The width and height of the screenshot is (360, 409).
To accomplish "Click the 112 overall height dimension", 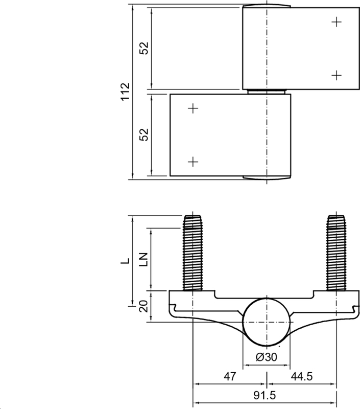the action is point(125,92).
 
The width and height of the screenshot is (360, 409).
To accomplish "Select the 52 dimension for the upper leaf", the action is point(144,48).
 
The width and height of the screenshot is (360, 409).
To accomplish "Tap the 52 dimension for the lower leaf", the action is point(144,134).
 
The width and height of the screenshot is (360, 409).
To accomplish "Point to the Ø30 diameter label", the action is point(266,357).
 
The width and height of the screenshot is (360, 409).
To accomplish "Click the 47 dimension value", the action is point(230,376).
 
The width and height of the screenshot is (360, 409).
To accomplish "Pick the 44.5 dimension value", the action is point(302,376).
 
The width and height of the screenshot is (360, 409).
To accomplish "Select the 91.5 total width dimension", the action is point(265,395).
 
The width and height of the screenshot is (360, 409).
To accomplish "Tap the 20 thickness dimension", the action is point(144,306).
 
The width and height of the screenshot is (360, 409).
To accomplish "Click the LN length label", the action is point(144,260).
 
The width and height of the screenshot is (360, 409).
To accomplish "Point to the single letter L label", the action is point(125,261).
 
